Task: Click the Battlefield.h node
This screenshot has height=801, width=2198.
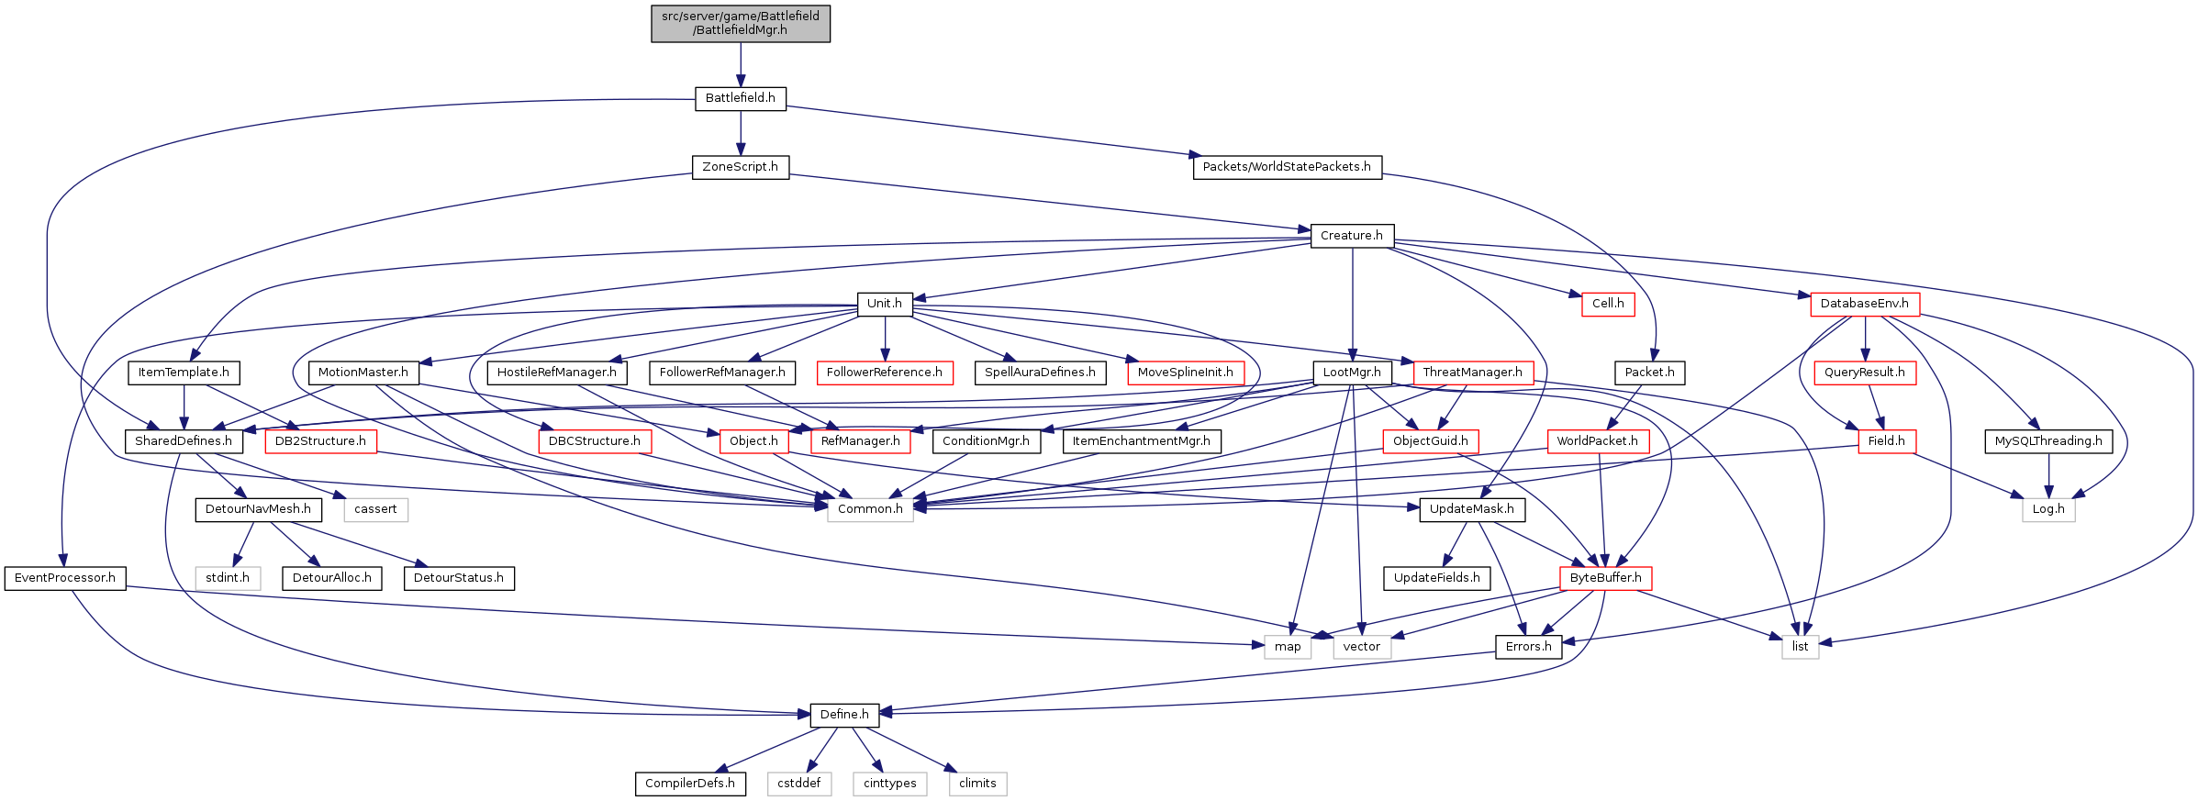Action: tap(740, 98)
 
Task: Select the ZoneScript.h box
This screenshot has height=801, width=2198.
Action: tap(740, 167)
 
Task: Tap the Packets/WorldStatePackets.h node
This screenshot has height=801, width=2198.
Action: tap(1287, 167)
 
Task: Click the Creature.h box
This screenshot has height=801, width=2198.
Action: tap(1352, 236)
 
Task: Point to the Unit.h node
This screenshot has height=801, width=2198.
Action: tap(885, 304)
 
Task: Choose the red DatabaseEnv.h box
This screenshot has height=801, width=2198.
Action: tap(1864, 304)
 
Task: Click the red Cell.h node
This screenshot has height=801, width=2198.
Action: tap(1608, 304)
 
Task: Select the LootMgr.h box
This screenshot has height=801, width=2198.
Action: tap(1352, 373)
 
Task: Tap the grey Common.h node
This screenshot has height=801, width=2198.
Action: tap(870, 509)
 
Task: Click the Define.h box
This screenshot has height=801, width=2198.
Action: tap(844, 715)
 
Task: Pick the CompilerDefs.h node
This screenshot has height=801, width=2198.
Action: tap(690, 784)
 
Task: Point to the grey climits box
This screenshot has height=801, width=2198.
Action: tap(977, 784)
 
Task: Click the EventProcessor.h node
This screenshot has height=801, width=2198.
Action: tap(65, 578)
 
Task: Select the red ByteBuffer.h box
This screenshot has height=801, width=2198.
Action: tap(1605, 578)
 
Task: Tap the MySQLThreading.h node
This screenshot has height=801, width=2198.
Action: tap(2048, 441)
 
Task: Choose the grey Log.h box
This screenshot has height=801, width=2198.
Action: tap(2048, 509)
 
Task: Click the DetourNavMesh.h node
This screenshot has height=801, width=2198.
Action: tap(258, 509)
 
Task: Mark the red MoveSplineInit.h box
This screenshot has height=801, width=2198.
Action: tap(1185, 373)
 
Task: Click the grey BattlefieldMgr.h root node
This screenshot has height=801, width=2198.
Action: tap(741, 23)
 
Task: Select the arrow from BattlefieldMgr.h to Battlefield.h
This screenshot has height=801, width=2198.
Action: tap(741, 64)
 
